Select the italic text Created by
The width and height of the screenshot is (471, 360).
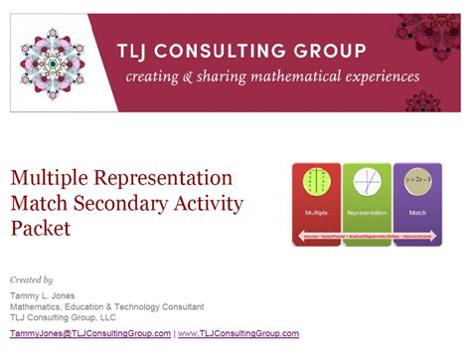pos(32,280)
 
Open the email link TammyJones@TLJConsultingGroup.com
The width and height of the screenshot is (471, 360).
pos(90,333)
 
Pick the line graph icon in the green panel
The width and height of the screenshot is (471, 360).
pos(367,185)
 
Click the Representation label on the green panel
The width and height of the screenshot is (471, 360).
pos(367,213)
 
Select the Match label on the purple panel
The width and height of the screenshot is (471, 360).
pos(416,213)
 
